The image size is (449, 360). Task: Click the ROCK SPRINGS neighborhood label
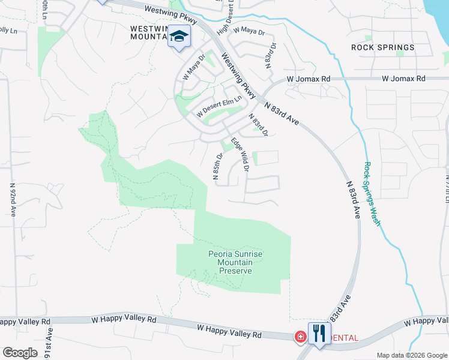pos(382,47)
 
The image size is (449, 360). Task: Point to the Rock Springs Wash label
pos(372,194)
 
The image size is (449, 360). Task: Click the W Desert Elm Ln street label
pos(219,106)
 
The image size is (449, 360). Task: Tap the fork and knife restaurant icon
pos(319,334)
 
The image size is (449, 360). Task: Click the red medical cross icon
pos(298,338)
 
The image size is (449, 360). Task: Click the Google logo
pos(20,353)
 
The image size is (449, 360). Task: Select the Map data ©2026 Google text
pos(411,355)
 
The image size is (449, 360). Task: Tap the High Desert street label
pos(224,16)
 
